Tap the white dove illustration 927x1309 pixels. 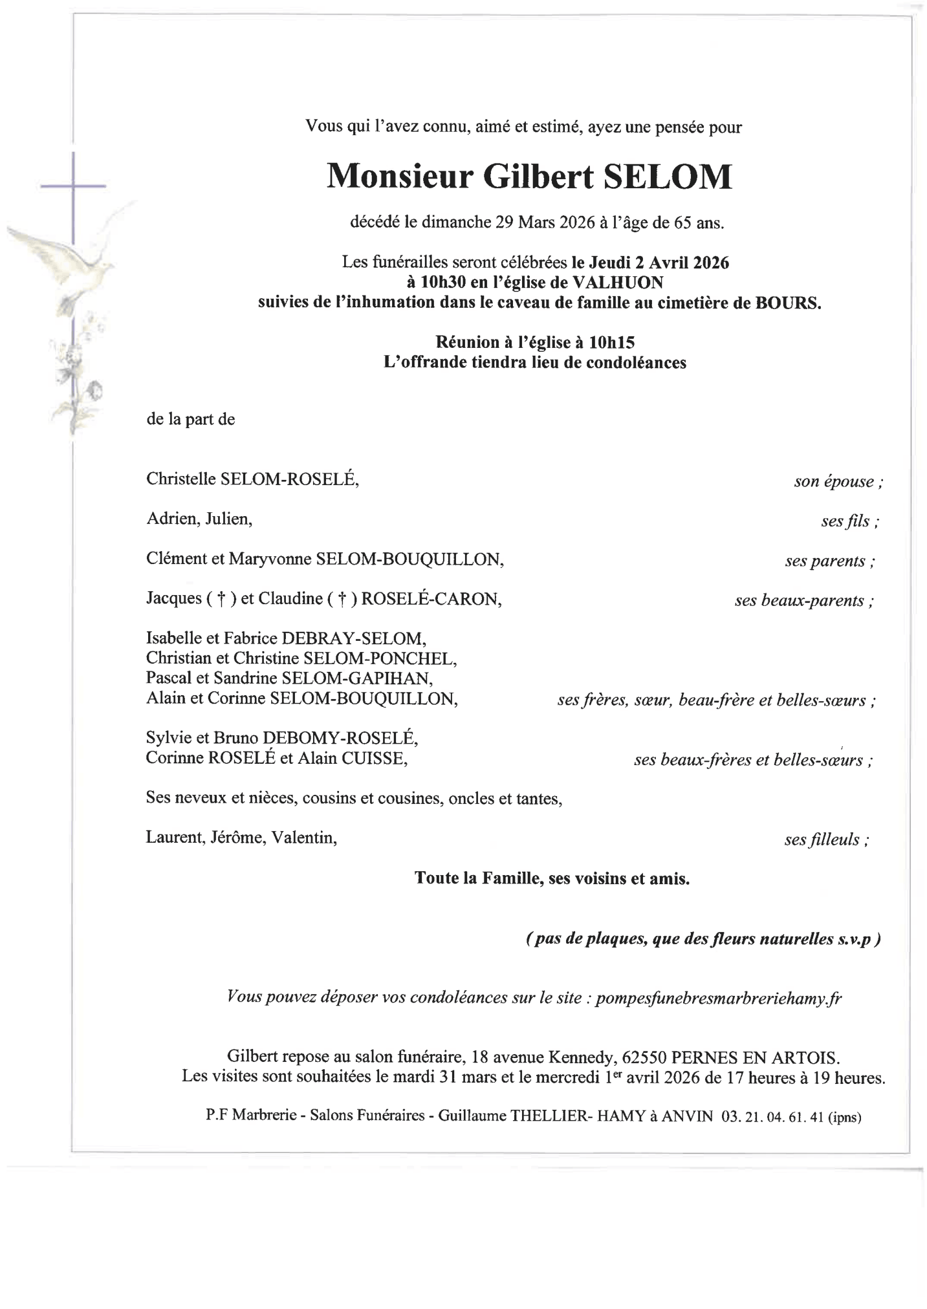pos(71,259)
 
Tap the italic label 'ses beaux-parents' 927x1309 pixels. pos(803,601)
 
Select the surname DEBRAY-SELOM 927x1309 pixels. pos(353,639)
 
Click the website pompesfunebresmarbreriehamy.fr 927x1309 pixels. pos(718,998)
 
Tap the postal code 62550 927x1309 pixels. pos(644,1058)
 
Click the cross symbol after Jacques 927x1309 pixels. pos(221,600)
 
